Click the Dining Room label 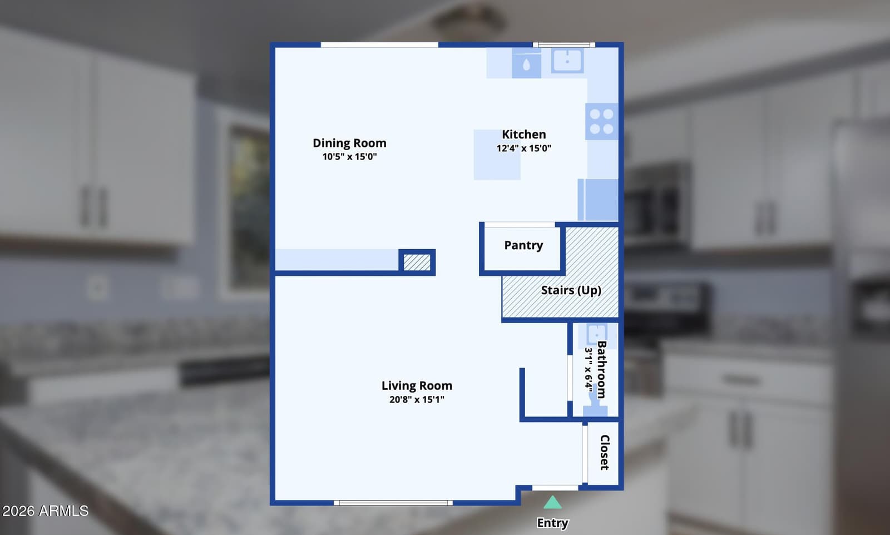click(349, 143)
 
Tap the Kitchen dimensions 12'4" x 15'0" click(523, 148)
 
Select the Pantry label click(523, 245)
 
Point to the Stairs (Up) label click(571, 290)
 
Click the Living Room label click(417, 385)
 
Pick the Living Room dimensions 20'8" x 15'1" click(417, 399)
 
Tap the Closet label click(605, 452)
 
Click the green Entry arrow click(552, 502)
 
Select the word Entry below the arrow click(552, 523)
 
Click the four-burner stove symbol click(601, 122)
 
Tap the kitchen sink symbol click(567, 61)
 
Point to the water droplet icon click(526, 65)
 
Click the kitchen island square click(497, 155)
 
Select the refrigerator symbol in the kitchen click(598, 200)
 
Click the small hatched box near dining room click(417, 262)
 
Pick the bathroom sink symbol click(597, 334)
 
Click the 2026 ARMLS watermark click(45, 511)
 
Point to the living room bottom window click(393, 503)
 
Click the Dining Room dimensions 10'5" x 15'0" click(349, 156)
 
